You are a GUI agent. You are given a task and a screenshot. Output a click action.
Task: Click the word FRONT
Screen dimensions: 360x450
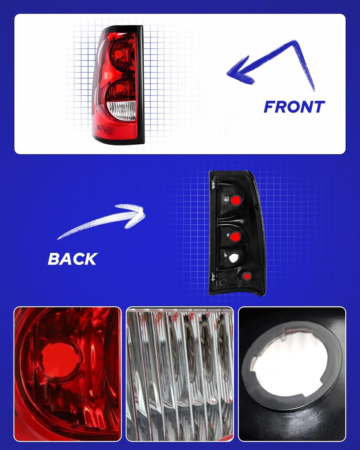point(294,107)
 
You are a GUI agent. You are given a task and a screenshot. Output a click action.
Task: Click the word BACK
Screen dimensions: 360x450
point(73,259)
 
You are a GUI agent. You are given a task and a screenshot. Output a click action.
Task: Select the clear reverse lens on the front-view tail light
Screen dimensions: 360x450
point(122,110)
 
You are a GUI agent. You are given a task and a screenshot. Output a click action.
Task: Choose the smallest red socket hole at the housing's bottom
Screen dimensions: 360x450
point(247,276)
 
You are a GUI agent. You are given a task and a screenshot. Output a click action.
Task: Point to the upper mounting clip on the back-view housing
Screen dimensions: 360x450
point(213,184)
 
